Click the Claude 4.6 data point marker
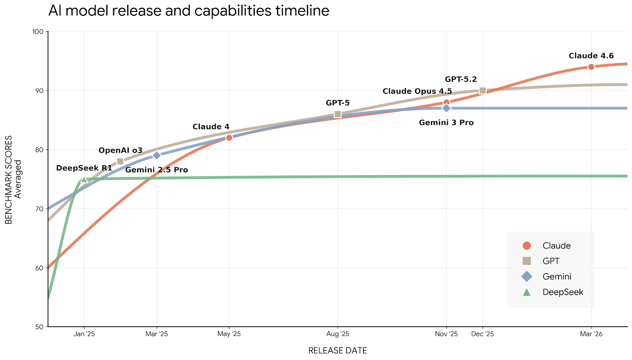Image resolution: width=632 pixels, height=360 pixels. point(591,67)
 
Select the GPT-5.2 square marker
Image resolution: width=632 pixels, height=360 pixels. point(482,90)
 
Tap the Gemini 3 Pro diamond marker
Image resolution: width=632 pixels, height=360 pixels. point(446,108)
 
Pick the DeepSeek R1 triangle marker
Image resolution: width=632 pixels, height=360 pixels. point(84,179)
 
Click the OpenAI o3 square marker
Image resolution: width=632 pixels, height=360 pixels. point(120,161)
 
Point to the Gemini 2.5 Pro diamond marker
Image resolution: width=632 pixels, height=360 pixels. point(157,155)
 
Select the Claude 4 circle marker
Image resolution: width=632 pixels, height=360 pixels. point(229,138)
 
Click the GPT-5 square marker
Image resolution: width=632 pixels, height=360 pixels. point(338,114)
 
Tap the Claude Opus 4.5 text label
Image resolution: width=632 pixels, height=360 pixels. point(417,92)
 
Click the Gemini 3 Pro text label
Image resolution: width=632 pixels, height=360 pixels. point(446,123)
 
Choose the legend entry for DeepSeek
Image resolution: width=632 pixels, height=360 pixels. point(562,292)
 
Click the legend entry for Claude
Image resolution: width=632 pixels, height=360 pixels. point(556,246)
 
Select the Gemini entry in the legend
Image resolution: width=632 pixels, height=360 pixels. point(557,277)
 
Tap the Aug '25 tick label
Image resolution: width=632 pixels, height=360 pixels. point(338,334)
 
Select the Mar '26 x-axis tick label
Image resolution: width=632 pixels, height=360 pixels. point(591,334)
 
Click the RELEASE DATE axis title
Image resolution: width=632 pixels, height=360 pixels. point(337,351)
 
